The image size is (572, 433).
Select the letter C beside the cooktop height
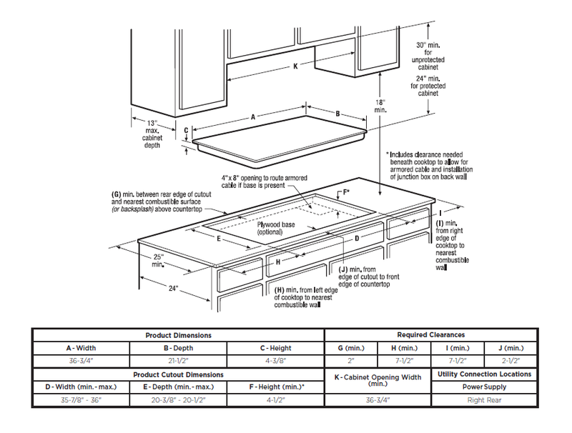click(x=185, y=131)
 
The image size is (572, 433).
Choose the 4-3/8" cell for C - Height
click(x=275, y=360)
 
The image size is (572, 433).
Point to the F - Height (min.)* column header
click(x=275, y=387)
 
